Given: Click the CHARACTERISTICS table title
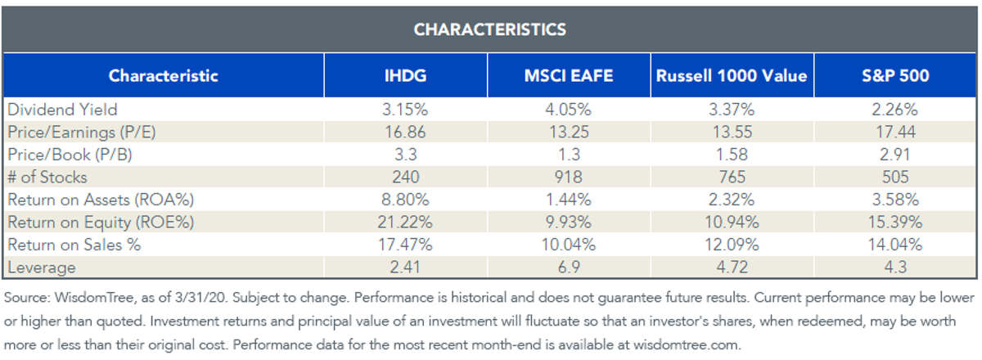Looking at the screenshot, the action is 489,29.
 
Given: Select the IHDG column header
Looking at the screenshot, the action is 405,75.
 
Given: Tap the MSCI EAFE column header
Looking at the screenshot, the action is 569,75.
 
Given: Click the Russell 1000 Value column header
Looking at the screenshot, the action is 732,75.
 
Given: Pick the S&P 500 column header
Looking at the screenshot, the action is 895,75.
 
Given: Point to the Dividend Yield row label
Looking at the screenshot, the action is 63,109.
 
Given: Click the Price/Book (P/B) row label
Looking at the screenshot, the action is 70,155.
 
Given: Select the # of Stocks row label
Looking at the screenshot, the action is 47,178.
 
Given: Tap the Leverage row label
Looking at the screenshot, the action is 42,267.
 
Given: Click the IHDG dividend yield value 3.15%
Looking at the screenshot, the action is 405,109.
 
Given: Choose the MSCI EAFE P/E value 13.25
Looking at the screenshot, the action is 569,132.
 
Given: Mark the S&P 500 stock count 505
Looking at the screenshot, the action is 895,178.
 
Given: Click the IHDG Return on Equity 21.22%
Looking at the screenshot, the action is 405,223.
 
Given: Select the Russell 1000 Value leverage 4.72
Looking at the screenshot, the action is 732,267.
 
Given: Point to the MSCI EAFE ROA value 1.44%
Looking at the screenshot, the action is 569,200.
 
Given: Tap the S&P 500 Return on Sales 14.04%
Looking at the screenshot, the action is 895,245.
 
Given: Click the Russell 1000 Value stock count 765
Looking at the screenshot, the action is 732,178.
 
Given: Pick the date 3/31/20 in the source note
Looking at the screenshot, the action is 200,298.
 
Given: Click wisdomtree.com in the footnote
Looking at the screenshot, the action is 687,344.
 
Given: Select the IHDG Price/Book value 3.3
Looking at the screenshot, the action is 406,155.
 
